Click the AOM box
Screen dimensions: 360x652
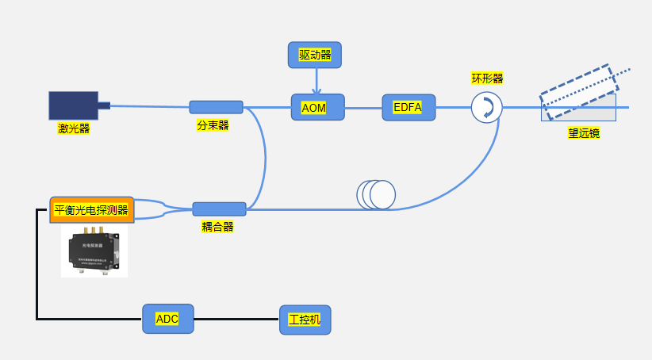(x=318, y=107)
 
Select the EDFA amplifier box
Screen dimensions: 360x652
(x=408, y=107)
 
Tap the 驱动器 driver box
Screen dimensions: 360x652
(x=314, y=55)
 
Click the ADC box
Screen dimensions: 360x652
(x=167, y=319)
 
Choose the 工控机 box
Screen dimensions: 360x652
(x=305, y=320)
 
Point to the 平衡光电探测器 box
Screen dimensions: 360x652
(x=91, y=211)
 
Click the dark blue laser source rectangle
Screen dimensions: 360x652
(x=74, y=105)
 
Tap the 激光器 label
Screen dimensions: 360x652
(x=73, y=128)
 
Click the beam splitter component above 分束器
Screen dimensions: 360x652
(x=216, y=107)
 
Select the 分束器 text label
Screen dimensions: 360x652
(x=213, y=125)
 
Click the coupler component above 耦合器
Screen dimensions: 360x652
(x=219, y=209)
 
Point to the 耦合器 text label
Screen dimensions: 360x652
(x=217, y=227)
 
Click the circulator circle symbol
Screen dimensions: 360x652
(x=486, y=107)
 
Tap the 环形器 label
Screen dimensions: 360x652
(x=487, y=79)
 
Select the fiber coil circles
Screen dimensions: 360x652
(x=376, y=195)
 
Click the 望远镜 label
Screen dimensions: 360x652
(x=583, y=133)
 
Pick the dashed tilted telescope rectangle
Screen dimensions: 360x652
(x=577, y=87)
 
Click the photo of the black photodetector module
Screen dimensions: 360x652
(x=94, y=251)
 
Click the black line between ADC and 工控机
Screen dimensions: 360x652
(x=236, y=319)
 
